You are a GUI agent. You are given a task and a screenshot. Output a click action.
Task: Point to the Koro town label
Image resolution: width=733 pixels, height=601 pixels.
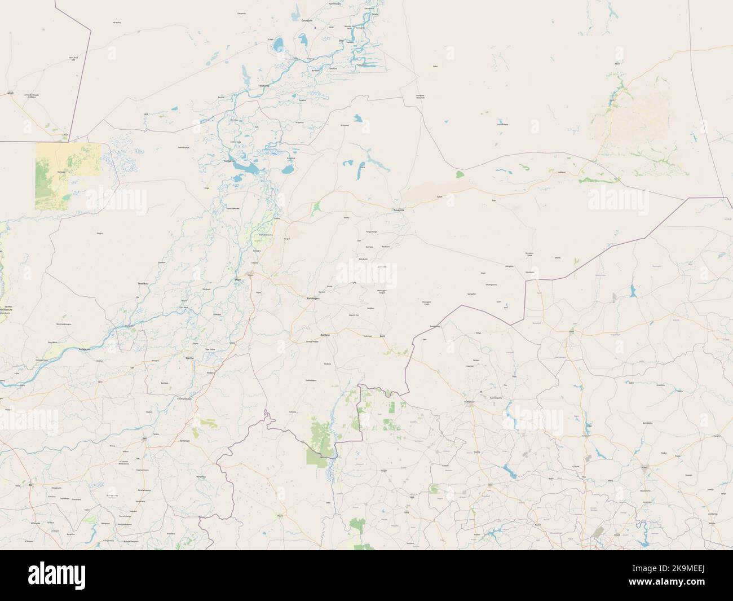click(383, 336)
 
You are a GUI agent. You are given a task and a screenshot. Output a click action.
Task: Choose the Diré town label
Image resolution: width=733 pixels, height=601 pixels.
click(341, 41)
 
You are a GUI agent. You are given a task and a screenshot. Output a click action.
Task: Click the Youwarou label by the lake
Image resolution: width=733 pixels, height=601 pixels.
click(229, 161)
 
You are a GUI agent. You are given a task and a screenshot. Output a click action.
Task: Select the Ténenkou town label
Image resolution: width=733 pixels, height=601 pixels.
click(143, 283)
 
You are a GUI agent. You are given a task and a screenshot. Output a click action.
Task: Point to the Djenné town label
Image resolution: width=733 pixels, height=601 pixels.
click(189, 358)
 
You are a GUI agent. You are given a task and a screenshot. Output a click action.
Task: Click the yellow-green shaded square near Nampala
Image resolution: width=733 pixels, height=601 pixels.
click(68, 176)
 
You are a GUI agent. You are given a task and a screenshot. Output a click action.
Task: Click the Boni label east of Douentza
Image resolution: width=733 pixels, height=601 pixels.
click(494, 200)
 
